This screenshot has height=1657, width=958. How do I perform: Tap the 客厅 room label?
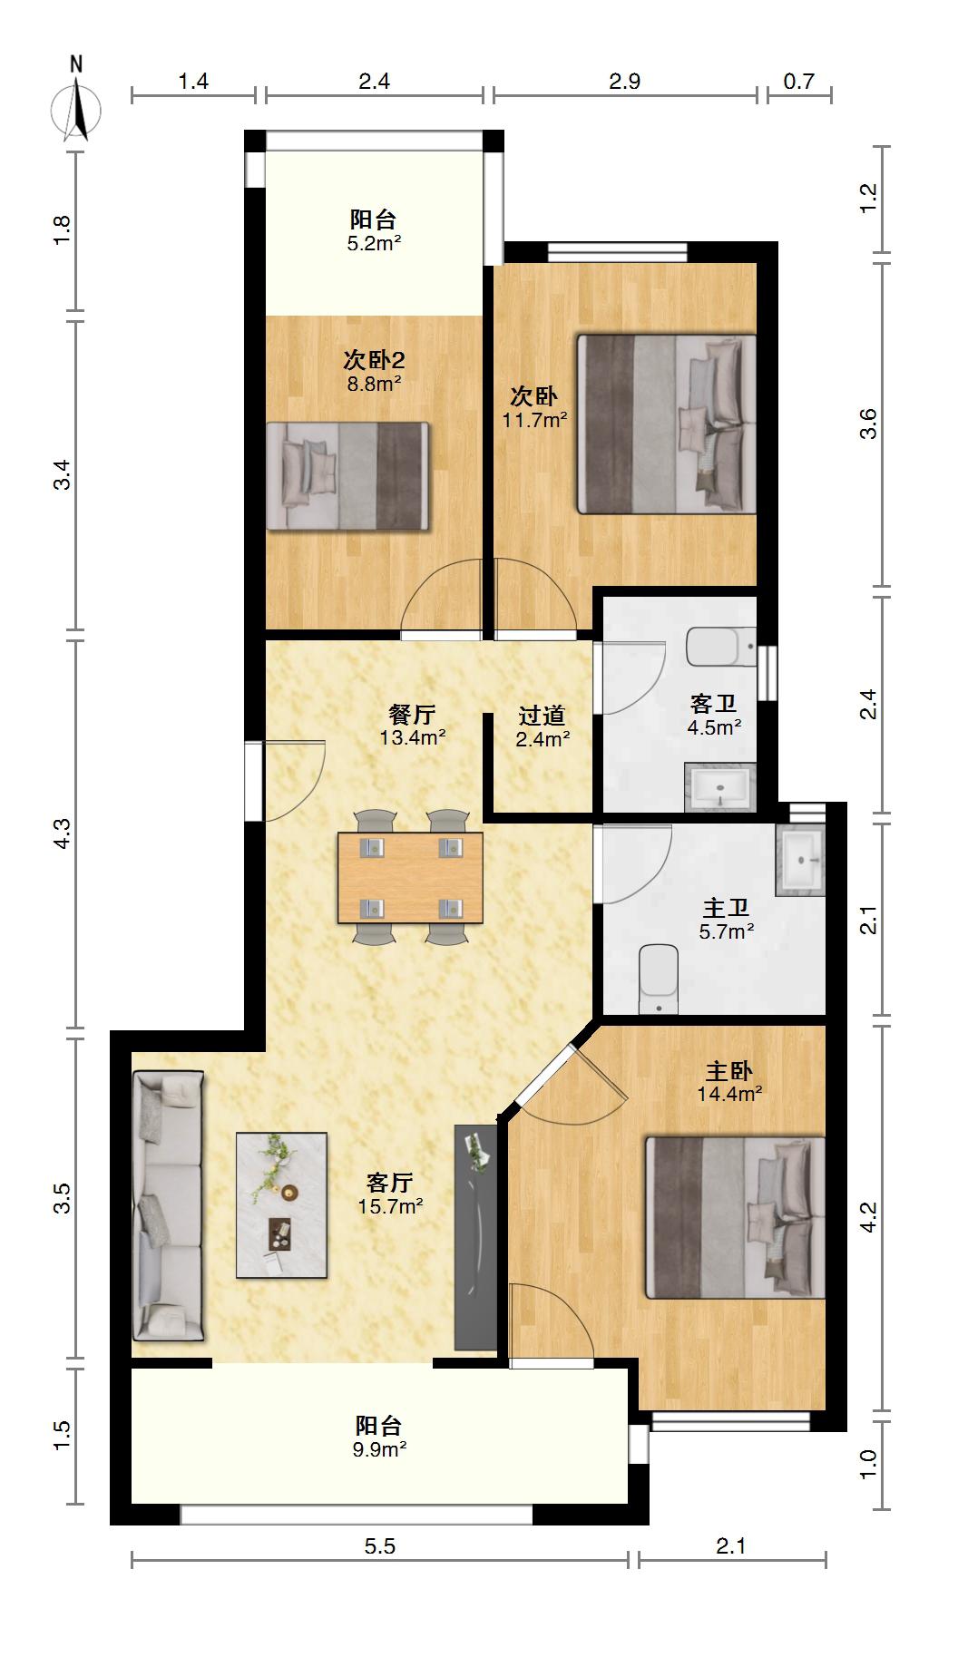(390, 1182)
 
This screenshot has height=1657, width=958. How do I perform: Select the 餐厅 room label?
(413, 714)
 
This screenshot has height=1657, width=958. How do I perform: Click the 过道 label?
(543, 716)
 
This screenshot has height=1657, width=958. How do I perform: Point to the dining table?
(410, 878)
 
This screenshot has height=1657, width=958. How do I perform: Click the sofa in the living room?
(168, 1205)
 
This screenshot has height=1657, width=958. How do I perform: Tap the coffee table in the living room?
(281, 1205)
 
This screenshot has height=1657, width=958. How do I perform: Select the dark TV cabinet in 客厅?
(475, 1237)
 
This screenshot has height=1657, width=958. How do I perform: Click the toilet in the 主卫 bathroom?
(659, 980)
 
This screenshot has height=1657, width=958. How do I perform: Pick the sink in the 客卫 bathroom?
(720, 785)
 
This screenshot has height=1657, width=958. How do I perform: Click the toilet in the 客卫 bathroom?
(721, 646)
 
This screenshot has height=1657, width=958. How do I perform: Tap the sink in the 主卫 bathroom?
(801, 860)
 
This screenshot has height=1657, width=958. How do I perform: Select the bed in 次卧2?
(347, 476)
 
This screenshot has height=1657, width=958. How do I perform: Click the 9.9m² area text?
(379, 1449)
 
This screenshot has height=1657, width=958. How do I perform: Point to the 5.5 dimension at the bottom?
(380, 1546)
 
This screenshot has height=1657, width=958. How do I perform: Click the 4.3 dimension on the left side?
(62, 833)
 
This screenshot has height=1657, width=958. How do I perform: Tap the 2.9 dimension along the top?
(625, 82)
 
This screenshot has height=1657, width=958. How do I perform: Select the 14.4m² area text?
(729, 1094)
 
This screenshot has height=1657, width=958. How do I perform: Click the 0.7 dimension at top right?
(799, 82)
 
